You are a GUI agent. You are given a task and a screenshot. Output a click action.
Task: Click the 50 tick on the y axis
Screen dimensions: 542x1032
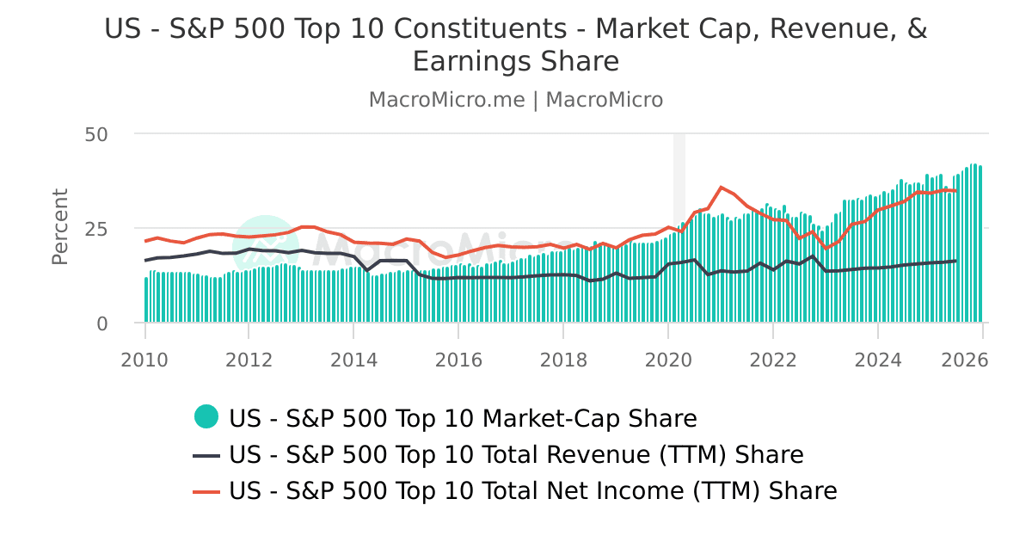[96, 134]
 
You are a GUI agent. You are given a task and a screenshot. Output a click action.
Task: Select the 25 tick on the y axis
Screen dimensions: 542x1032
[96, 229]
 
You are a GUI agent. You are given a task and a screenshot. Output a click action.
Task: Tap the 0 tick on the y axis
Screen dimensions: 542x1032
[102, 323]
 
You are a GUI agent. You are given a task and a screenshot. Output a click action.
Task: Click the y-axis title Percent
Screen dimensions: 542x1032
[59, 227]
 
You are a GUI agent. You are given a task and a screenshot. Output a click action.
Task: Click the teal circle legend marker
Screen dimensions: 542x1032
[206, 417]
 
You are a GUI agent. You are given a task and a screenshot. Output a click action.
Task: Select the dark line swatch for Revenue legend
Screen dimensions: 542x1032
[206, 454]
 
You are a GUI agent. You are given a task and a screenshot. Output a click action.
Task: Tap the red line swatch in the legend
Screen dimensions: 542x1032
[206, 491]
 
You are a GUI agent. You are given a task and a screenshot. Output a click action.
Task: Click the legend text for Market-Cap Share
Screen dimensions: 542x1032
[463, 418]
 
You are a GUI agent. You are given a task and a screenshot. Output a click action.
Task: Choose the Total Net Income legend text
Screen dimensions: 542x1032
[532, 491]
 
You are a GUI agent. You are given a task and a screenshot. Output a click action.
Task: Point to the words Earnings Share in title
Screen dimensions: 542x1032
[516, 62]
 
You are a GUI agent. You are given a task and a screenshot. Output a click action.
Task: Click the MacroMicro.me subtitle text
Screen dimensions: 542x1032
[446, 100]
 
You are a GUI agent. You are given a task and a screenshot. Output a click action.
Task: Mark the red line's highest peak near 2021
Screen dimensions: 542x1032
[721, 187]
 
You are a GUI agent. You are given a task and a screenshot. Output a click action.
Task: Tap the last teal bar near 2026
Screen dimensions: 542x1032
[980, 244]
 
